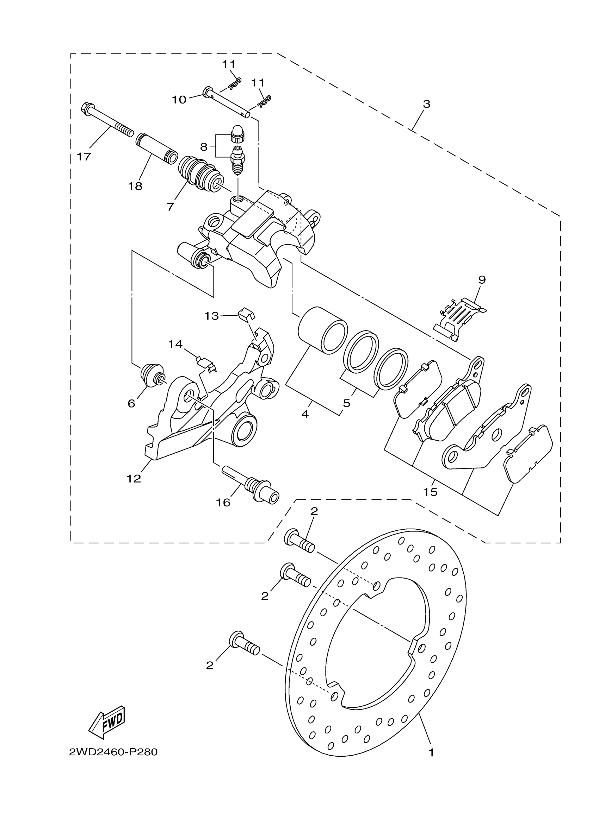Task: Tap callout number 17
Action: tap(84, 157)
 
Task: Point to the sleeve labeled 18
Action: tap(157, 149)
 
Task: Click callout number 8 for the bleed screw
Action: tap(204, 147)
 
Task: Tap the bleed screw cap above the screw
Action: tap(238, 134)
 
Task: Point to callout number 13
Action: tap(212, 316)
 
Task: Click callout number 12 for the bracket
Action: tap(134, 479)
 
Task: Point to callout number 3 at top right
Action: tap(426, 104)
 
